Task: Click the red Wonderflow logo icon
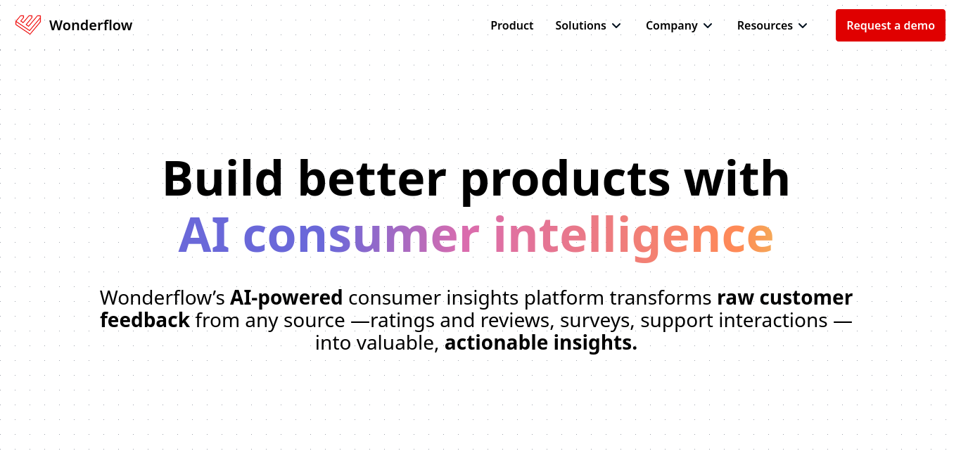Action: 28,25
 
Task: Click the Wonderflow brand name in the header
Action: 91,25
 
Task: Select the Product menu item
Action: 512,25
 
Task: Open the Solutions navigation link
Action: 580,25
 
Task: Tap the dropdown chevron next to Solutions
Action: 616,26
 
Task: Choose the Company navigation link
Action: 672,26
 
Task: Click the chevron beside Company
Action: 708,26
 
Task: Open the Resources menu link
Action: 765,25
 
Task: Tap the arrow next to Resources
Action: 803,26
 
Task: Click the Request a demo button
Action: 890,25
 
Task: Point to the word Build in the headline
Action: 222,178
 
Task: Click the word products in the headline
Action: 565,182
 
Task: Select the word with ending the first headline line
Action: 736,178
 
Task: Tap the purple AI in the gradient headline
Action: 204,235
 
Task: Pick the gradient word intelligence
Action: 634,238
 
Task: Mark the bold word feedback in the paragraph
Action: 145,320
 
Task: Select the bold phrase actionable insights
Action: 541,343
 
